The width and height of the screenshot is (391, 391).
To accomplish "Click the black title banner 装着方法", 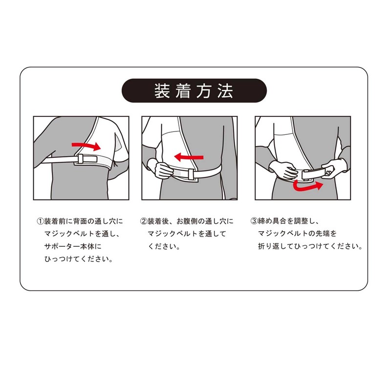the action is click(194, 90).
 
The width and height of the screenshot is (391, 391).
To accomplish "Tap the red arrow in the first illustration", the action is click(87, 146).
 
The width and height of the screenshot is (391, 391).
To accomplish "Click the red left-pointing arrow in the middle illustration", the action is click(189, 157).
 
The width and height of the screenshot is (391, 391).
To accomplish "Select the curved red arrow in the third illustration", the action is click(307, 187).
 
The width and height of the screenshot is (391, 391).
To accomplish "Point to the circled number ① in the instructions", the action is click(40, 221).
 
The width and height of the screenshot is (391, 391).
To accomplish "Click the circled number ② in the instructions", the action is click(144, 221).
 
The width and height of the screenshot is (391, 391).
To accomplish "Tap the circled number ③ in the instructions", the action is click(254, 221).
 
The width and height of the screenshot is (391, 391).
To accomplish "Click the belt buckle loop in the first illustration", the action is click(81, 159).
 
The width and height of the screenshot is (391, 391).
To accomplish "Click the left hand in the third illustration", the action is click(283, 170).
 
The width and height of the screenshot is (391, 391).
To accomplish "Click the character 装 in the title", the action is click(162, 91).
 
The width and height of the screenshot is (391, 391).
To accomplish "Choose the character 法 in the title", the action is click(225, 91).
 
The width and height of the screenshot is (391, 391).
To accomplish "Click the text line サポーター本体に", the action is click(73, 246).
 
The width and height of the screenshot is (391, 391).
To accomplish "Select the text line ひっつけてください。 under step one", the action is click(79, 259).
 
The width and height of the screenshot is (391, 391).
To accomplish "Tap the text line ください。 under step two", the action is click(164, 246).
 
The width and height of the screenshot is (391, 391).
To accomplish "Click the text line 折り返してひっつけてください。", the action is click(310, 246).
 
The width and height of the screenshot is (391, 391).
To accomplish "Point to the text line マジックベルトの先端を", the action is click(297, 234).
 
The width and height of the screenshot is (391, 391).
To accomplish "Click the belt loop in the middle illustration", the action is click(191, 174).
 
